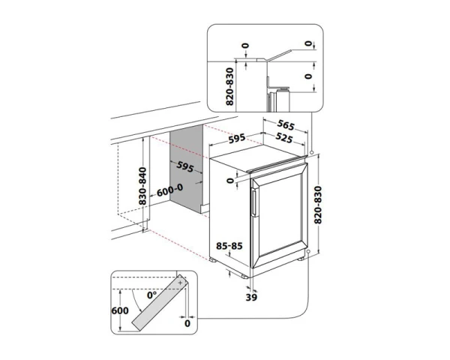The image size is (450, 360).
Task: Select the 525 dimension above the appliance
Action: click(x=283, y=139)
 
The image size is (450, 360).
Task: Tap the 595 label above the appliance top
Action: click(x=238, y=139)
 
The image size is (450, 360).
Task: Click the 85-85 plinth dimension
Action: click(x=228, y=245)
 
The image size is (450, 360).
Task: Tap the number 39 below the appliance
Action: click(x=251, y=297)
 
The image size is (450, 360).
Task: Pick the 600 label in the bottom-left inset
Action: click(x=118, y=308)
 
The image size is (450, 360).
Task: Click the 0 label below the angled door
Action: click(x=187, y=324)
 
